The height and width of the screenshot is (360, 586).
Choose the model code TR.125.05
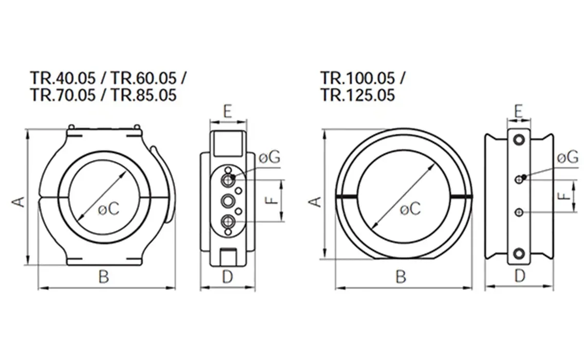point(358,95)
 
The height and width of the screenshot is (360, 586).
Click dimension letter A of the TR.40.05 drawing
point(18,201)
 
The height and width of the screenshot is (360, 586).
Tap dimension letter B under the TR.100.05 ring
point(401,277)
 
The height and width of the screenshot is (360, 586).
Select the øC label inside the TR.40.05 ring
point(108,209)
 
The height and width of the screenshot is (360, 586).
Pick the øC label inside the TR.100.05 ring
point(410,209)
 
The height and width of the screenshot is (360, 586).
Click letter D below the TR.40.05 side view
point(227,277)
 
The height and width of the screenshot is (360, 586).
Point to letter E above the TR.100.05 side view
point(519,111)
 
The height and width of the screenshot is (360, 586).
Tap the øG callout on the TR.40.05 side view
point(269,157)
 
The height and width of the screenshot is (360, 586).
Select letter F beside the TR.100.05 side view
point(564,196)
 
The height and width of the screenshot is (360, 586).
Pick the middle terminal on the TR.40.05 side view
point(227,200)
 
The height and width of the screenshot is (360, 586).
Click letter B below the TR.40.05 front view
point(104,277)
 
